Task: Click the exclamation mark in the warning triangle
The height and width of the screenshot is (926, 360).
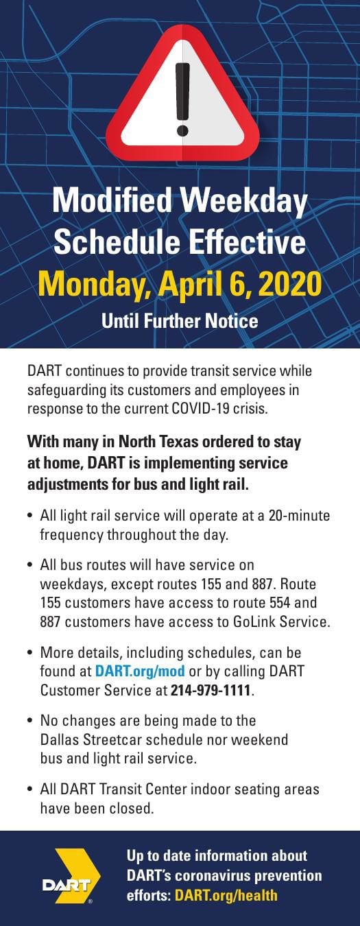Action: (182, 99)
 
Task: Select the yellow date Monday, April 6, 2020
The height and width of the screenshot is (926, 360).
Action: (180, 283)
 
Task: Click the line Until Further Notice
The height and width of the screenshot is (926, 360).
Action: (180, 320)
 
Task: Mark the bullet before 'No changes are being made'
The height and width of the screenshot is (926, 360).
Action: (30, 722)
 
